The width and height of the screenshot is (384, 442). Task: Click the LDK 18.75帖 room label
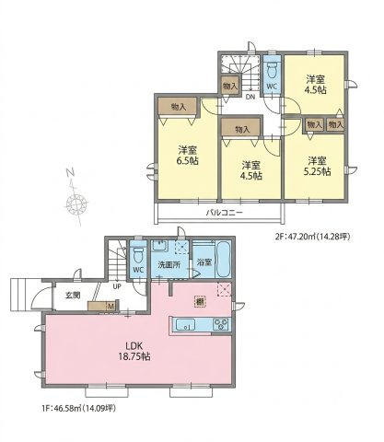[134, 351]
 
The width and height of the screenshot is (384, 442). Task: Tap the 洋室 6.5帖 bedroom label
[187, 155]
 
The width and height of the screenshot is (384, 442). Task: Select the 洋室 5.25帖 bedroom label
[317, 166]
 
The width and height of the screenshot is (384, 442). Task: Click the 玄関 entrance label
[73, 296]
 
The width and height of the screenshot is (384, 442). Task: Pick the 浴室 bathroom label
[204, 263]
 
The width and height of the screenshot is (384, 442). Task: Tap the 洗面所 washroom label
[169, 264]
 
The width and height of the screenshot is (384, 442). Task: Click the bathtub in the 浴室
[223, 260]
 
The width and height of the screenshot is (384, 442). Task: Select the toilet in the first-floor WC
[138, 255]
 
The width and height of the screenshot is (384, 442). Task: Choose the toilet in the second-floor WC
[272, 71]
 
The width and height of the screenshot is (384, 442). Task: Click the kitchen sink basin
[185, 325]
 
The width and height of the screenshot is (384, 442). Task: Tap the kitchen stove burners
[221, 325]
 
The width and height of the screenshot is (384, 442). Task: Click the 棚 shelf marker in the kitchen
[200, 302]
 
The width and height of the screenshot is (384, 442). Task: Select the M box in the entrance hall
[111, 306]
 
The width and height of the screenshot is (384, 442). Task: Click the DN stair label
[250, 97]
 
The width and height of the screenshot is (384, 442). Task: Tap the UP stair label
[117, 286]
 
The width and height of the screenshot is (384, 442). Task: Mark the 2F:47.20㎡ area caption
[312, 237]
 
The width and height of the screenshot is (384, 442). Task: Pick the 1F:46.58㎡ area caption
[78, 408]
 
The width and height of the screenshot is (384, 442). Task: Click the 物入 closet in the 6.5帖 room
[178, 107]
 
